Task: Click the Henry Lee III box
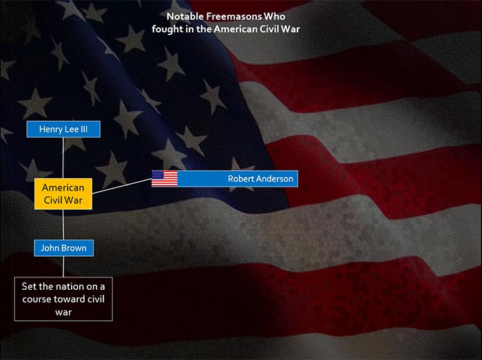[x=63, y=129]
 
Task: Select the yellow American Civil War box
[x=63, y=194]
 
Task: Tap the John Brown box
[x=63, y=248]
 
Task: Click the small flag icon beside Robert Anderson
[x=165, y=178]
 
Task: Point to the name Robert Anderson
[x=260, y=178]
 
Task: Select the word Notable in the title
[x=185, y=17]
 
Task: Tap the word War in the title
[x=291, y=29]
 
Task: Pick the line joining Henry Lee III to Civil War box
[x=63, y=158]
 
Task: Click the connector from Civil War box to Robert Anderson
[x=122, y=186]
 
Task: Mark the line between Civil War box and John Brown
[x=63, y=224]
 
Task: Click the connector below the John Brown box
[x=63, y=266]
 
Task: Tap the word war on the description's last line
[x=63, y=312]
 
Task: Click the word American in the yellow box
[x=63, y=187]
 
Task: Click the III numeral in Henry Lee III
[x=84, y=129]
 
